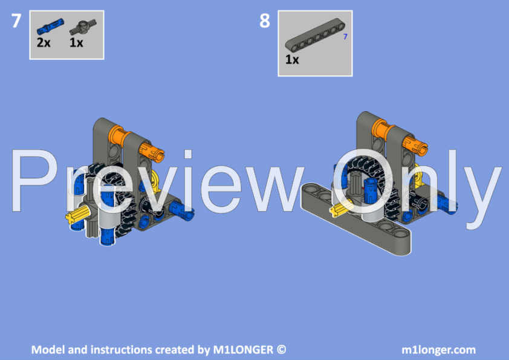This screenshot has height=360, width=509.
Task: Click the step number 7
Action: pos(16,21)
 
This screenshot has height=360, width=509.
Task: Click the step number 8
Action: pos(265,21)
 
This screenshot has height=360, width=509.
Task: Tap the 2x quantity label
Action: pos(43,43)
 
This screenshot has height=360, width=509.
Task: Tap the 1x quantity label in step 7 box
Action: pos(76,43)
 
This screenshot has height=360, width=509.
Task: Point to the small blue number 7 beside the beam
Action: pos(345,37)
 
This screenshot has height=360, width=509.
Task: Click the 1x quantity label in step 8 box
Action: pos(292,60)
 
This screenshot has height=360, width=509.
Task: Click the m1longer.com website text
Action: pos(438,350)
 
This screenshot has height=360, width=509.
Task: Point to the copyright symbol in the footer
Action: pos(281,350)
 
